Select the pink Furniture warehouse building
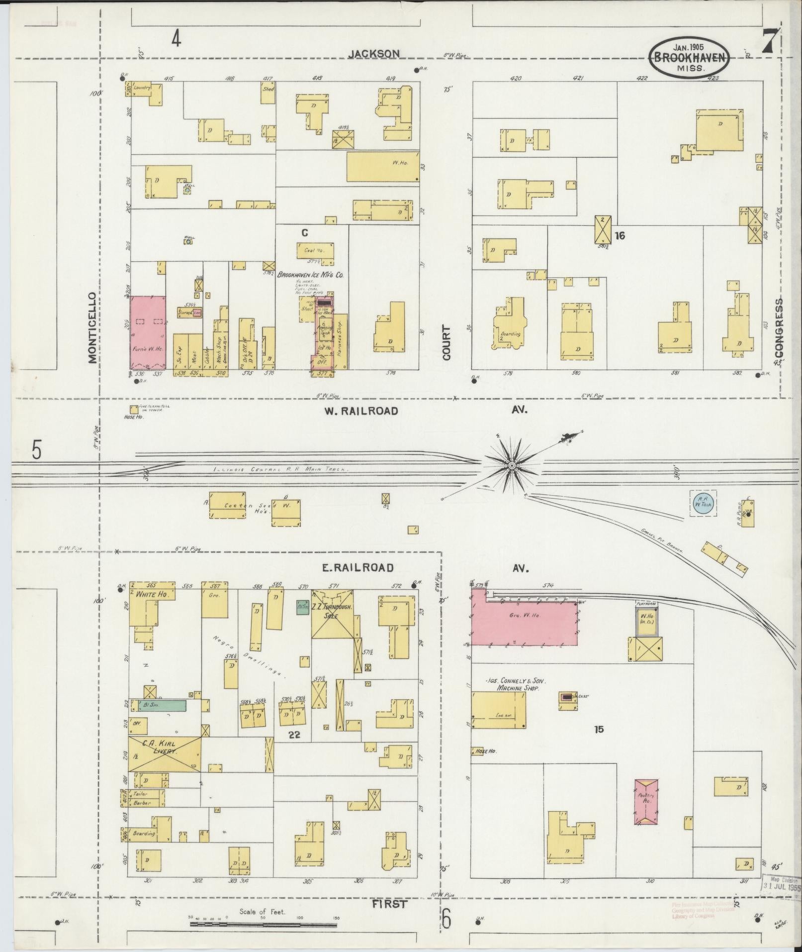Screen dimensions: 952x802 148,332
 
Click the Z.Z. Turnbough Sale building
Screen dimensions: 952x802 332,613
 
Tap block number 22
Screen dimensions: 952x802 294,734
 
